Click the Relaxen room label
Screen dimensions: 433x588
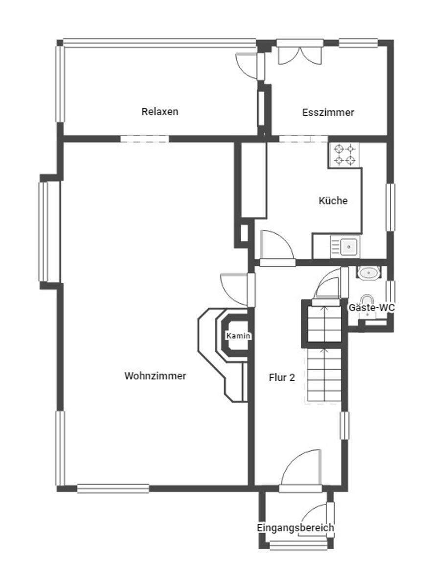(160, 111)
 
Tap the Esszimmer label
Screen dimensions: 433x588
(328, 112)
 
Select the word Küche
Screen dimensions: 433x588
(333, 200)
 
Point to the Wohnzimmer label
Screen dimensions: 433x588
(155, 376)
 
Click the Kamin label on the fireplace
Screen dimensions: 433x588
(238, 336)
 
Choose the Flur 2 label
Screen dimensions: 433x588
(282, 377)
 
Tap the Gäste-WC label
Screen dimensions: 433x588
(371, 308)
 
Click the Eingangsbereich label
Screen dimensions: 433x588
(296, 528)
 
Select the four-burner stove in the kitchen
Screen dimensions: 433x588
(344, 155)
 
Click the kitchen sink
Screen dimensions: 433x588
(348, 246)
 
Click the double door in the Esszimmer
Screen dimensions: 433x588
(300, 53)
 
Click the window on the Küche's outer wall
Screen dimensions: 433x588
(390, 206)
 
